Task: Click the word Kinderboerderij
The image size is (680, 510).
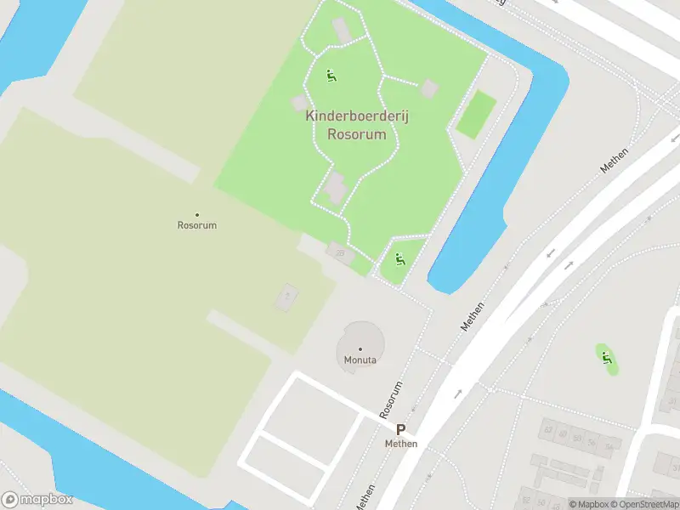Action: [x=357, y=117]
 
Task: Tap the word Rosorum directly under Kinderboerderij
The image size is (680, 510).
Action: [x=357, y=134]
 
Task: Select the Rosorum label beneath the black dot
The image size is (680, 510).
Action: [x=197, y=225]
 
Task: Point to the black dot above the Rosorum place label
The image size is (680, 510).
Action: [x=197, y=214]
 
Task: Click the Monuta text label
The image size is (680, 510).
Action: [x=360, y=360]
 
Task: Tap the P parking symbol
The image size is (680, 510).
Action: [x=400, y=431]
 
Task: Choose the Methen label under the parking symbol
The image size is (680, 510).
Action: [x=400, y=444]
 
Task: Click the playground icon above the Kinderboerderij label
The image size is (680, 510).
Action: [x=331, y=76]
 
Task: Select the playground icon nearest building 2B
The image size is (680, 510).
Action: [x=399, y=259]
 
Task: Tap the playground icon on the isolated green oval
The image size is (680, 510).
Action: [x=606, y=359]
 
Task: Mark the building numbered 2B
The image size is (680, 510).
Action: [x=340, y=252]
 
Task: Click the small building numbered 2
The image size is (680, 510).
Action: [x=286, y=297]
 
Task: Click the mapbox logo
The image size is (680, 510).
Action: [x=37, y=500]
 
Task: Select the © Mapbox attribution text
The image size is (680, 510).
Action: [x=588, y=504]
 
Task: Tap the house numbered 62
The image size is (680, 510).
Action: [x=549, y=430]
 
